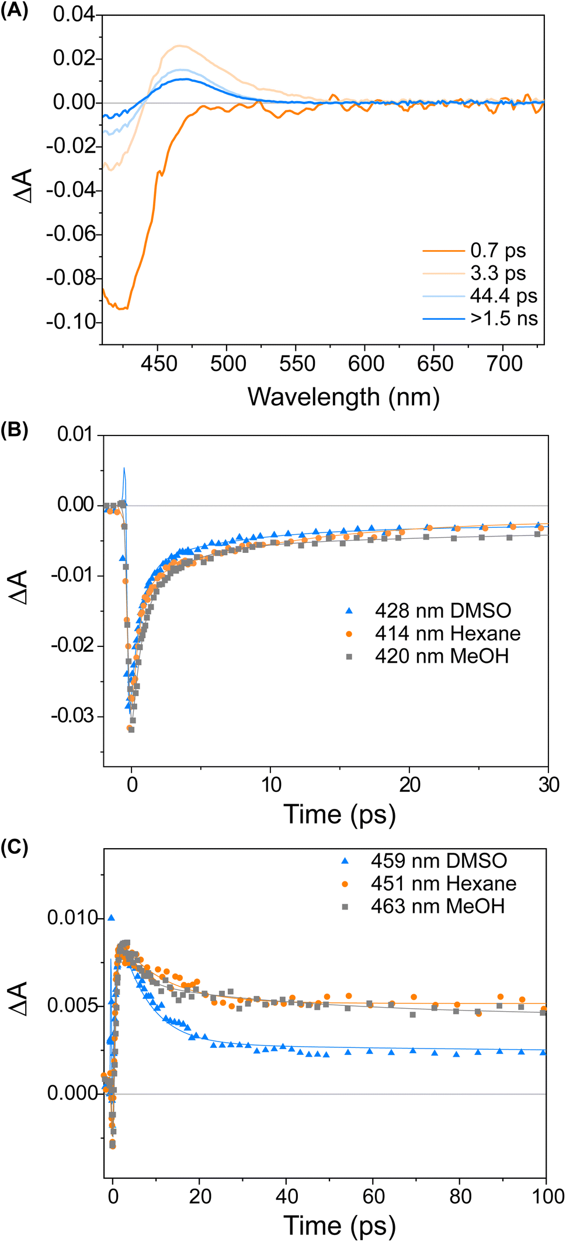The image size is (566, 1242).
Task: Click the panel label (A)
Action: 14,11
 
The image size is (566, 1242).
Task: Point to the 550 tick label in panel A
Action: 297,364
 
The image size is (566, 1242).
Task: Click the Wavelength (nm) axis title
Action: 343,397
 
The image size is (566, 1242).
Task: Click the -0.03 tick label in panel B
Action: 74,716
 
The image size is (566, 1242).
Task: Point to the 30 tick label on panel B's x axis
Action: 548,785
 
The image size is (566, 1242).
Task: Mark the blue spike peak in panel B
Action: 124,468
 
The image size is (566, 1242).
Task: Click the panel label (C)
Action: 14,847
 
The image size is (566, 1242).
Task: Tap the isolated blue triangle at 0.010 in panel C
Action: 111,918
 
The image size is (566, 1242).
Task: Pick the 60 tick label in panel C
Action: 373,1196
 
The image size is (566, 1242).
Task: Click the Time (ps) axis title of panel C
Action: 339,1225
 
